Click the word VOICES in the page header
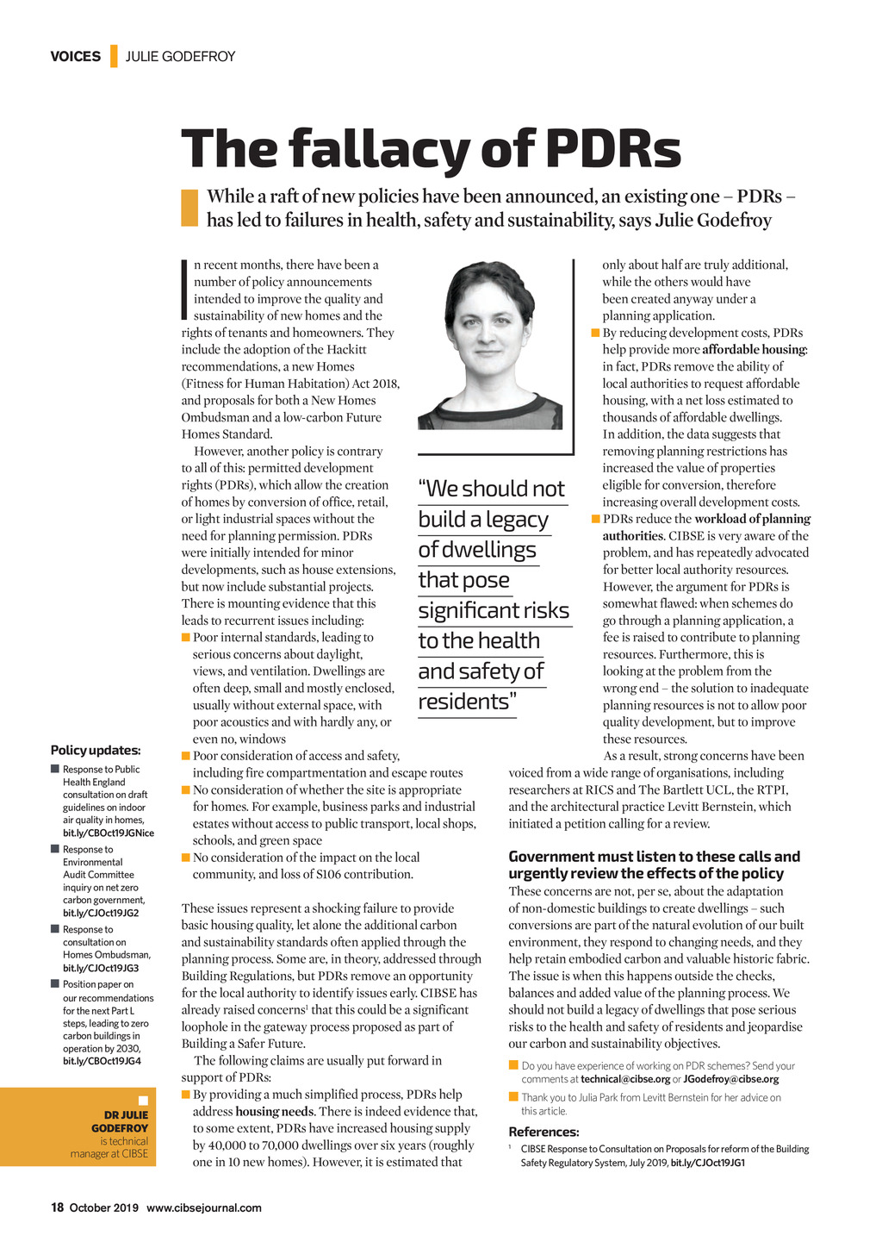75,57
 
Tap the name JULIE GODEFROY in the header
180,57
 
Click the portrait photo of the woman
490,345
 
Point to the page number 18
57,1207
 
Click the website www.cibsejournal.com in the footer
203,1207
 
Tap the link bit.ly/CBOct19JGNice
109,833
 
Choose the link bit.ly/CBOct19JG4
102,1061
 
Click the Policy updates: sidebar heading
96,751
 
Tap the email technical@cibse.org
625,1079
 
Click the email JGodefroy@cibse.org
730,1079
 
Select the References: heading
543,1132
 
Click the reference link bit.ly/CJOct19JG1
707,1163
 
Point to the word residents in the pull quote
463,702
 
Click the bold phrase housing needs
275,1112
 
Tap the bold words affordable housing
754,350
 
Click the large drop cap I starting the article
185,290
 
